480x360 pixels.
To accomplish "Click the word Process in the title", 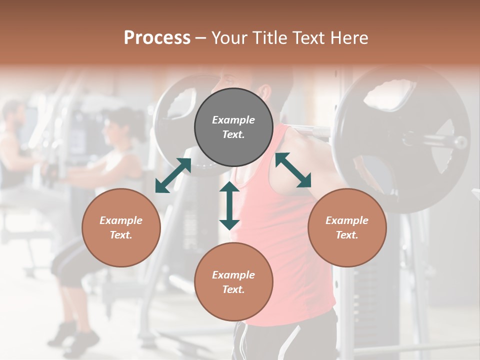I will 157,38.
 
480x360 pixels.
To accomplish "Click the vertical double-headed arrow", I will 229,205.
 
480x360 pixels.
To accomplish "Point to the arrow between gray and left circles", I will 173,175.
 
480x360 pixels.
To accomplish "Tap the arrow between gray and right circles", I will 293,170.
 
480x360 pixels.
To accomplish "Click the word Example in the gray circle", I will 233,120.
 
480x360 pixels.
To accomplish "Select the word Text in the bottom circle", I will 233,289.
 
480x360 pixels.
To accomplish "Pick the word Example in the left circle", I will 121,220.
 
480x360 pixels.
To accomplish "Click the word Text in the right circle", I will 346,235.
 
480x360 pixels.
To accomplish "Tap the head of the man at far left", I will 14,113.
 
